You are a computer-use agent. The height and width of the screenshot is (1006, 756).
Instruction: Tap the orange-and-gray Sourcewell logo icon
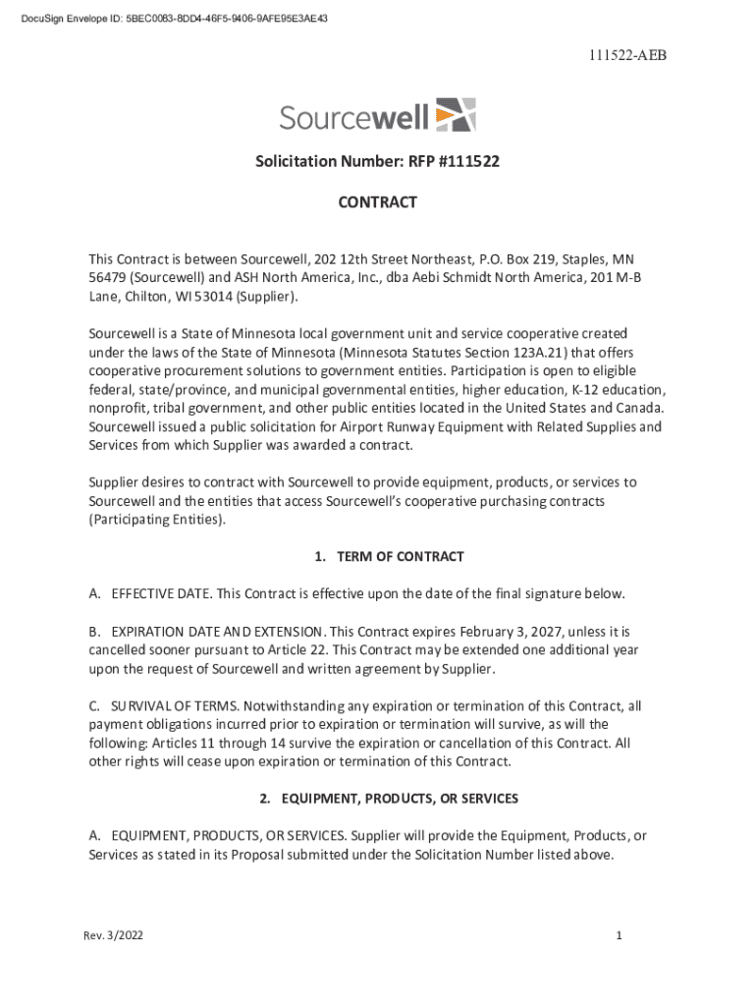(455, 115)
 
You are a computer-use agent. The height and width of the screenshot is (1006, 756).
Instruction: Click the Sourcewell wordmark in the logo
(353, 118)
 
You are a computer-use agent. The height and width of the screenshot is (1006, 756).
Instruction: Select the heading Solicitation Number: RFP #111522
(378, 160)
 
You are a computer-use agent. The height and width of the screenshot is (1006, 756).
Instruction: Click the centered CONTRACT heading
(378, 202)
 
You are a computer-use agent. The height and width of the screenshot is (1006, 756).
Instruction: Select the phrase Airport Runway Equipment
(439, 426)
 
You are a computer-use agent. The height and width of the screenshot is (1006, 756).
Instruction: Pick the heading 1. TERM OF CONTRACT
(389, 557)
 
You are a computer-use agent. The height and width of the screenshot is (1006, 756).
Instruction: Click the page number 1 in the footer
(620, 936)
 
